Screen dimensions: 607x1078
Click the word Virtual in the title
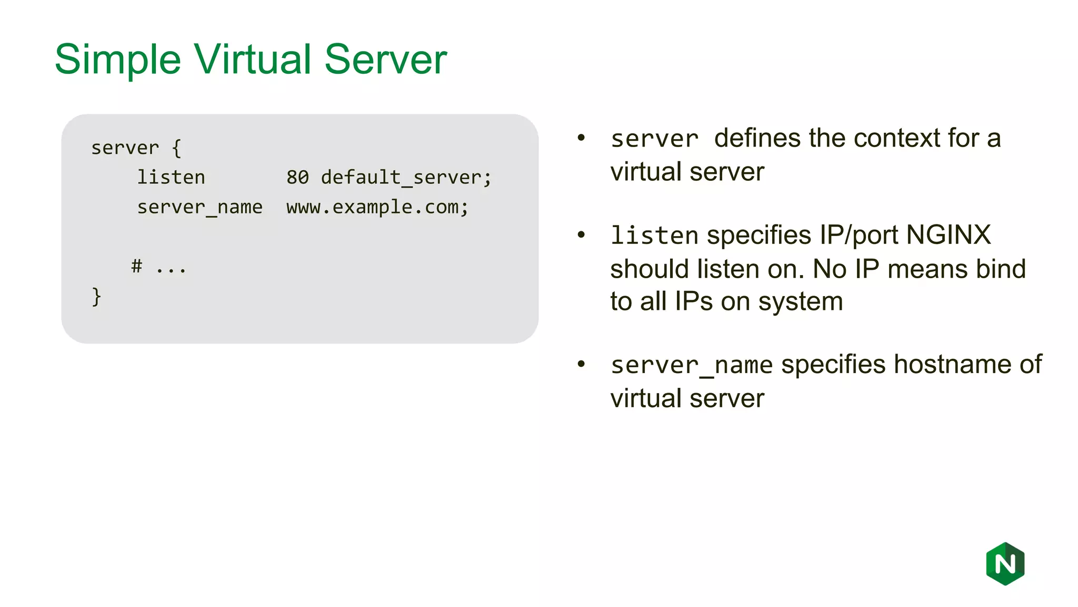(x=253, y=59)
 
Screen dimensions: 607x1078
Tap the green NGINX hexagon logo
(x=1005, y=564)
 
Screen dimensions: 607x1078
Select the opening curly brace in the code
(x=177, y=148)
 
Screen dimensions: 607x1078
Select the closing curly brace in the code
(x=96, y=297)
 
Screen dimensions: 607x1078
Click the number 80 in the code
(x=297, y=178)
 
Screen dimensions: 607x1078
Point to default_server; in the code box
(x=406, y=178)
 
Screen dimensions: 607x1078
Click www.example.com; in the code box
(x=377, y=207)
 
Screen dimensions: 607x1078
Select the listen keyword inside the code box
(x=171, y=178)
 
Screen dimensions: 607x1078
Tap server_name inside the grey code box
(x=199, y=207)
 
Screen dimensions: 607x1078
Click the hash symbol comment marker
(x=137, y=266)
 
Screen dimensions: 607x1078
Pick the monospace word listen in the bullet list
(x=654, y=236)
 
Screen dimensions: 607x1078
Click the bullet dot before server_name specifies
(x=581, y=364)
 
